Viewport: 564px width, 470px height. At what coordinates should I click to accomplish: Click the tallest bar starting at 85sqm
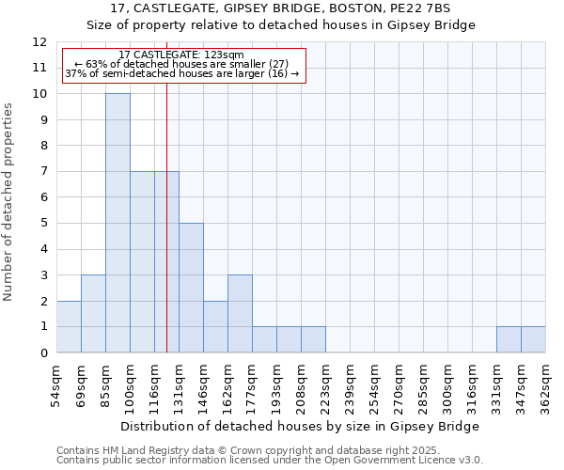click(117, 223)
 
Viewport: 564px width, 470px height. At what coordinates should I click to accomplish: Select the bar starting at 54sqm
click(69, 327)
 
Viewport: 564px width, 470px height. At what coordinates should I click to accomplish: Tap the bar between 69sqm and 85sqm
click(93, 314)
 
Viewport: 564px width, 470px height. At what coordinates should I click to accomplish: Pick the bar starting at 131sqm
click(191, 288)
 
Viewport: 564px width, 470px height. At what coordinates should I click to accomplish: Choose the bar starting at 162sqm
click(240, 314)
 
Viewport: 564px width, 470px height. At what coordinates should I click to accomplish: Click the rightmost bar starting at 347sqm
click(533, 339)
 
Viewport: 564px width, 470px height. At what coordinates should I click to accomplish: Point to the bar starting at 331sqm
click(509, 339)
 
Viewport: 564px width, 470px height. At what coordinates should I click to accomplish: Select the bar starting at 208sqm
click(313, 339)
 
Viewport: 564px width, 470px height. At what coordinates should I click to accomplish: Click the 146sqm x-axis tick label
click(203, 386)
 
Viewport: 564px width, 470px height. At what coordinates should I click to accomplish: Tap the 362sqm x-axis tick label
click(545, 386)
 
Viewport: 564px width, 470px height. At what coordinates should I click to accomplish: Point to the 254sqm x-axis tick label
click(374, 386)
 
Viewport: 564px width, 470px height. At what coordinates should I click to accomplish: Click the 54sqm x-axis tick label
click(56, 386)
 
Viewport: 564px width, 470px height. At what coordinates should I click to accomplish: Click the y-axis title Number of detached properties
click(9, 203)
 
